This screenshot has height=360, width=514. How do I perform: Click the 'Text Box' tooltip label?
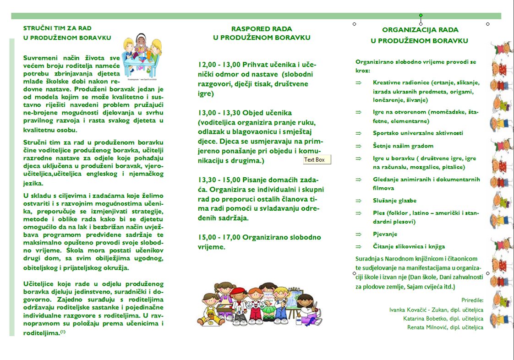[x=317, y=160]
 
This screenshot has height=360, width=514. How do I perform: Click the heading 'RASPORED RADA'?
[x=261, y=29]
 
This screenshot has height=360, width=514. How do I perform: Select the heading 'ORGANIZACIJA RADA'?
[x=420, y=30]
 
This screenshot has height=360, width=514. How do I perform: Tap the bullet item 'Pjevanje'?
[x=385, y=234]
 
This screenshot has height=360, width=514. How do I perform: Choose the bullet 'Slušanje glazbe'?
[x=394, y=201]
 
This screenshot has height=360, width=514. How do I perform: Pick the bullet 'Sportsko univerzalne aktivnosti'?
[x=418, y=133]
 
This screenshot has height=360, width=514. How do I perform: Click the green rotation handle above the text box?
[x=421, y=15]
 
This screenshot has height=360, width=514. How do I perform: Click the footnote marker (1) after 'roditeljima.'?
[x=63, y=333]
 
